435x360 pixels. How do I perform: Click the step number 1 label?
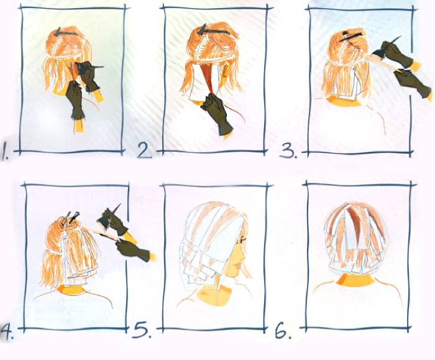click(4, 150)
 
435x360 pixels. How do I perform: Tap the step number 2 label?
click(145, 150)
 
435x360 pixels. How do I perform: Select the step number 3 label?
click(288, 150)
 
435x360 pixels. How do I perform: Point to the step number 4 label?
click(7, 332)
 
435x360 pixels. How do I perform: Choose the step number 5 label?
click(142, 329)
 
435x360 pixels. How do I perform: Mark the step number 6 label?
click(283, 330)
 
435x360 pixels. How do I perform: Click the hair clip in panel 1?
click(65, 32)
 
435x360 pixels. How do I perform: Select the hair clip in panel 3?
click(350, 36)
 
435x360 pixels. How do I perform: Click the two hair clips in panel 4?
click(70, 218)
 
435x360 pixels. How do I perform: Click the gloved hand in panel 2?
click(217, 114)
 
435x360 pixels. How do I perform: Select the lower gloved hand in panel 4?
click(132, 250)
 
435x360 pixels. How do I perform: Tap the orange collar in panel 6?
click(355, 280)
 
